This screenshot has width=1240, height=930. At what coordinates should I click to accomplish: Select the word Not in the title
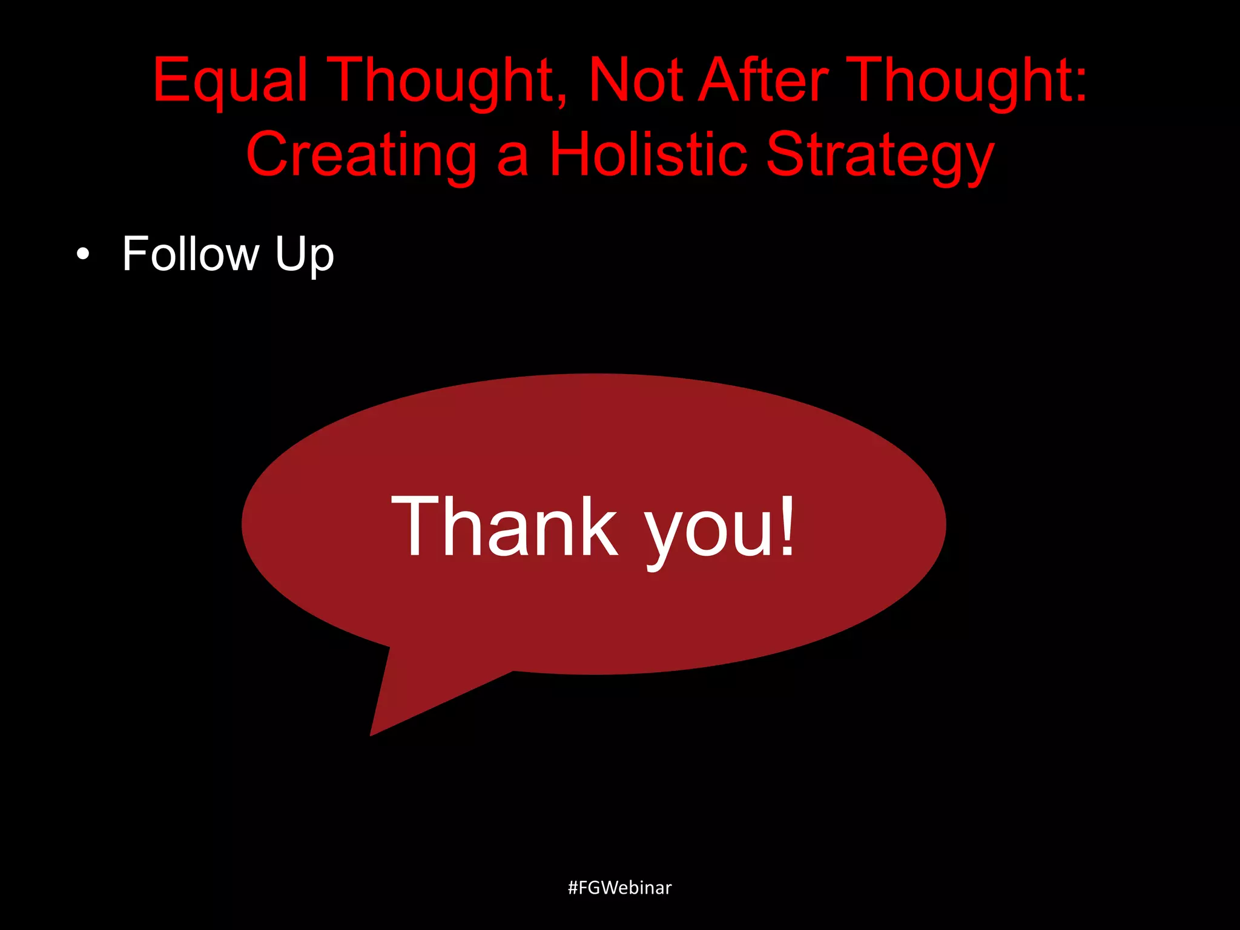pos(635,81)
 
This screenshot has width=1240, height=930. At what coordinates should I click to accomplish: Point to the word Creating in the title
pos(361,156)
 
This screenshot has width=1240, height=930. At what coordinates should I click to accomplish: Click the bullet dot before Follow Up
pos(83,255)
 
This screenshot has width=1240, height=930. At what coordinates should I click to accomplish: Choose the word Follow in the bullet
pos(191,254)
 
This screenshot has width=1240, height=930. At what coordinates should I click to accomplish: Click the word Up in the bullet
pos(304,256)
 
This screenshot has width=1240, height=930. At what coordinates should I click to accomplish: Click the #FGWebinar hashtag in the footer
pos(619,888)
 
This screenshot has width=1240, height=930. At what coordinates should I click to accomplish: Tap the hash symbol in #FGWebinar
pos(573,888)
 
